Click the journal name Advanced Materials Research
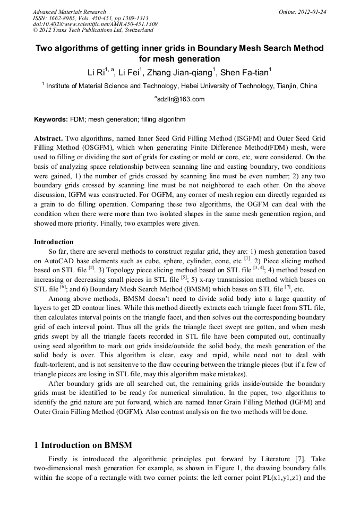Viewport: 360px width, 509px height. (x=69, y=11)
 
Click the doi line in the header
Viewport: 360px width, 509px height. (x=95, y=24)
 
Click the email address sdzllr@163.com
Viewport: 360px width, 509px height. (x=180, y=99)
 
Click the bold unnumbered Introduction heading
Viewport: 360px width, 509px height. (x=54, y=241)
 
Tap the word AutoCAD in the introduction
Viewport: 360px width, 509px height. (x=58, y=261)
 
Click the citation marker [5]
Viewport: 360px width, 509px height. (x=184, y=277)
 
